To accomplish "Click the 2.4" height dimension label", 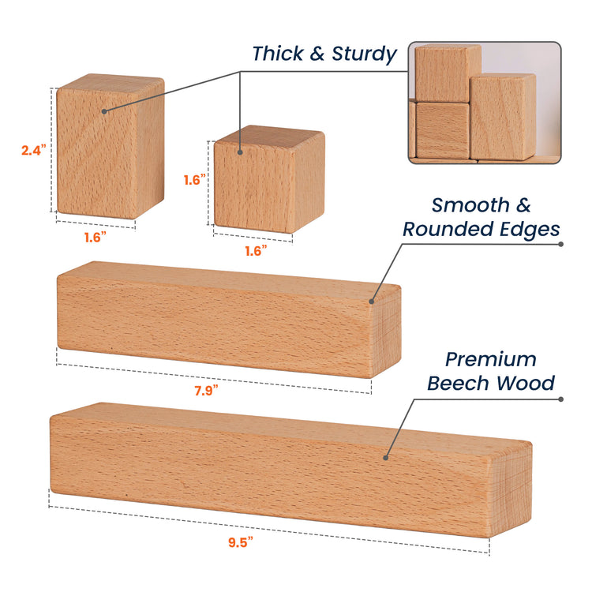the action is point(34,150).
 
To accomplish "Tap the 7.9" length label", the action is point(206,391).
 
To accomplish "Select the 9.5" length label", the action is point(241,542).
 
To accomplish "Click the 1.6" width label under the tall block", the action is point(96,238).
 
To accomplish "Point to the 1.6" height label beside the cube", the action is point(195,180).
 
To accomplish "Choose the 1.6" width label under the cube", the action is point(256,251).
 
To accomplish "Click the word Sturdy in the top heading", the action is point(365,54).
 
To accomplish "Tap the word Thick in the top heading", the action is point(278,53).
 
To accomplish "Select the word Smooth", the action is point(470,205).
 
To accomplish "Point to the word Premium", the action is point(490,360).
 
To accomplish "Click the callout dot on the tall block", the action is point(104,111).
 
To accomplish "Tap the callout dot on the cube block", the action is point(240,152).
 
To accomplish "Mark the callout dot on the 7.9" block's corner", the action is point(372,302).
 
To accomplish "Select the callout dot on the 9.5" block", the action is point(385,458).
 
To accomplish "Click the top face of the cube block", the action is point(270,137).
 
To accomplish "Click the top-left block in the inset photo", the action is point(448,73).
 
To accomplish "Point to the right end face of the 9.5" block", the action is point(511,490).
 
